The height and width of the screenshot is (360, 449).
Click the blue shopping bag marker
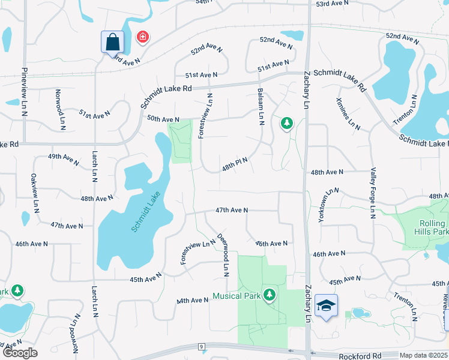(112, 42)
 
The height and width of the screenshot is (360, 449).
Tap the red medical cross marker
(143, 38)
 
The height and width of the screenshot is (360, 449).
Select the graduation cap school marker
(326, 306)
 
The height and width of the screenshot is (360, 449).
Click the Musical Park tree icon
(270, 294)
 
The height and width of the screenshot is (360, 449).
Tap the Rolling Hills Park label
(433, 227)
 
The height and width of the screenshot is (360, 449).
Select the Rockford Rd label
(360, 355)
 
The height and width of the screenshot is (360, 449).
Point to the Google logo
(19, 353)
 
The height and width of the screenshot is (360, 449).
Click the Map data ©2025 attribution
(424, 355)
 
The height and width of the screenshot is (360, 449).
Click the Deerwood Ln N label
(224, 254)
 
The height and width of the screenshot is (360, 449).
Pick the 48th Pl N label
(235, 162)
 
